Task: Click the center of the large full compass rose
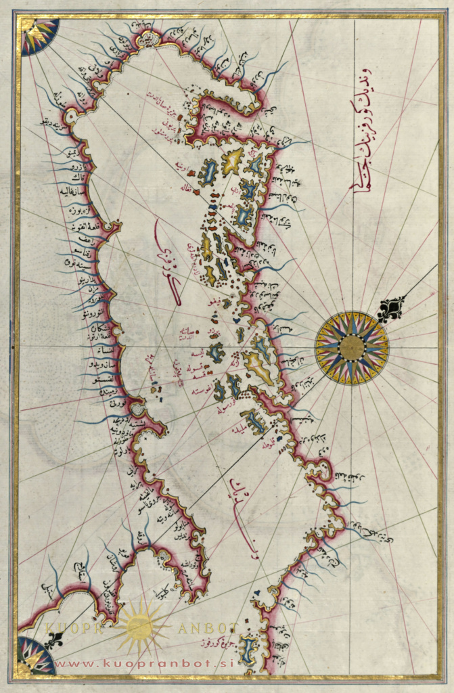(351, 348)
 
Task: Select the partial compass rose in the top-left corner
(37, 35)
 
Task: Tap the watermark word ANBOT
(206, 628)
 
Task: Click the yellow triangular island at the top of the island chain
(233, 160)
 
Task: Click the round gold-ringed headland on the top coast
(147, 39)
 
